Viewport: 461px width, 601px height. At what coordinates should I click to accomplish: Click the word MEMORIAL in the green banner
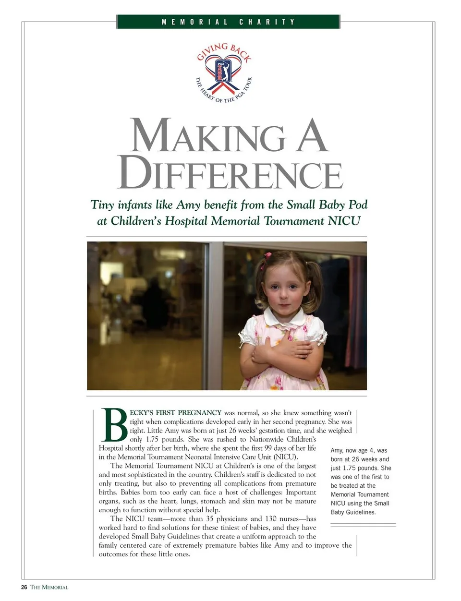click(194, 22)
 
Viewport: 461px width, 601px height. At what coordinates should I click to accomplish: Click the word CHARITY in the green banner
click(267, 22)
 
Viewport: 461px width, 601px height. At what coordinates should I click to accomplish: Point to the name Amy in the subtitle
click(188, 205)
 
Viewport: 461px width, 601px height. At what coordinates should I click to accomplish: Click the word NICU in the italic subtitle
click(344, 221)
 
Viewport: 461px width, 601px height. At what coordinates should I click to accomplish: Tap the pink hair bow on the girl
click(268, 255)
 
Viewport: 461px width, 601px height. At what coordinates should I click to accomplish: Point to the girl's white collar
click(284, 318)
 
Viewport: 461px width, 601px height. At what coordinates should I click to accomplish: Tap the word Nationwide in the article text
click(267, 439)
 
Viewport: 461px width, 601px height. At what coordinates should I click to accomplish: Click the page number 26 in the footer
click(24, 587)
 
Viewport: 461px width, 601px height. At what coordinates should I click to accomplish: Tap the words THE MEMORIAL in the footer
click(49, 587)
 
